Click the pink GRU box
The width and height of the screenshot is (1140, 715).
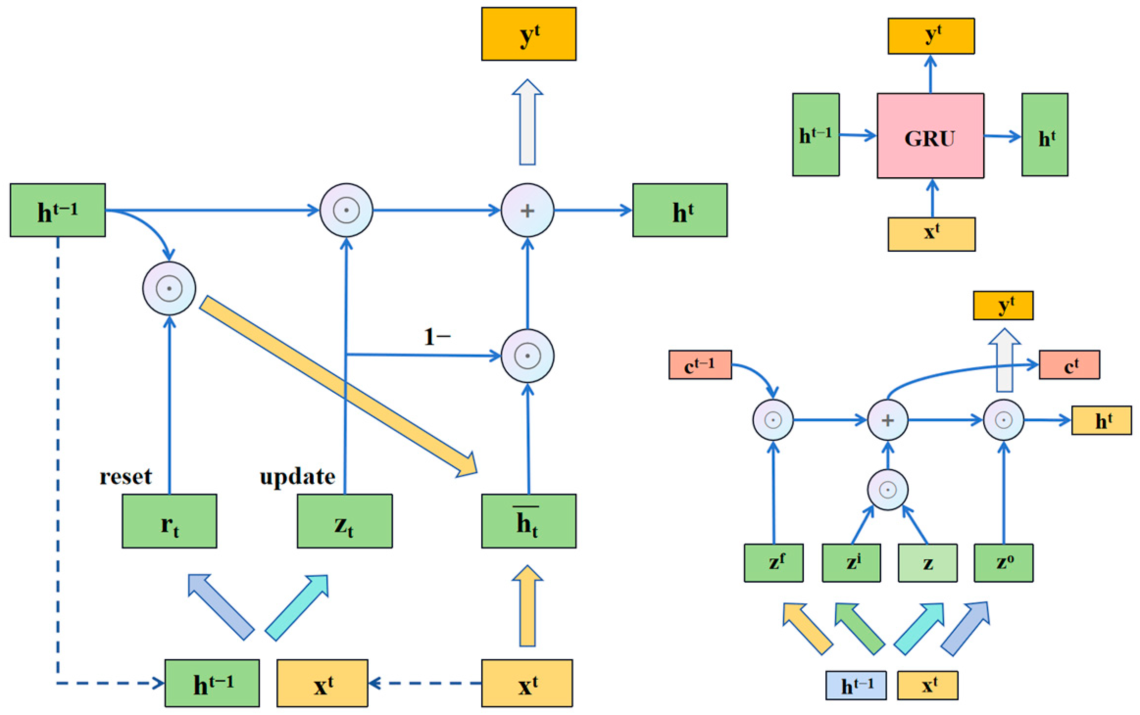[x=930, y=136]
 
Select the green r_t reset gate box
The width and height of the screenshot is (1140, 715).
[x=169, y=521]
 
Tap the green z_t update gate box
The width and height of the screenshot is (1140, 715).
[x=344, y=521]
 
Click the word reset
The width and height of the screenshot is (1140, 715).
[x=126, y=477]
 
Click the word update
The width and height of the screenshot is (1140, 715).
[x=297, y=477]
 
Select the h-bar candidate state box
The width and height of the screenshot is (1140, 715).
[x=528, y=521]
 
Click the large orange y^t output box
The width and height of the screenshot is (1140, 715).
[x=528, y=34]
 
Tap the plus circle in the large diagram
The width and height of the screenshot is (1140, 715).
[x=527, y=211]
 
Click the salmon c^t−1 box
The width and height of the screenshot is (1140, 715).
[x=700, y=365]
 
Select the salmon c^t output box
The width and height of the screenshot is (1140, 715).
[x=1069, y=365]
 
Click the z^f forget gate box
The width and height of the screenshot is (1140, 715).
[x=773, y=563]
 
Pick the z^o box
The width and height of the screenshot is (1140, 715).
[x=1003, y=563]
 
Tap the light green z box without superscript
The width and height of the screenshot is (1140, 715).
[x=927, y=563]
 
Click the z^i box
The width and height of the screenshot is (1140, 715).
[x=851, y=563]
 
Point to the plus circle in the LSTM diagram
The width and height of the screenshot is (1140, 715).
[x=888, y=420]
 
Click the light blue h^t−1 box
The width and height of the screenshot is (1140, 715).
[x=856, y=685]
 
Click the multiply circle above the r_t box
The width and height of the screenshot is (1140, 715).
[x=169, y=288]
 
